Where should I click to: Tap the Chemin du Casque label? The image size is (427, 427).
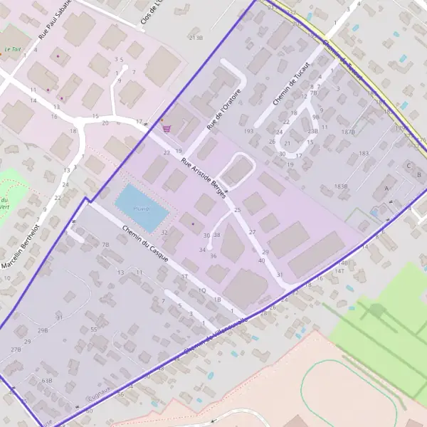point(144,244)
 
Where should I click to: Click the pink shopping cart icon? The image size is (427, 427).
point(167,129)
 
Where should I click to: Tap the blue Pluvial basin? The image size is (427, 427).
point(142,209)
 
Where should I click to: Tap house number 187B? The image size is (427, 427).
point(348,132)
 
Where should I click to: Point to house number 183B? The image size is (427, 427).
point(342,186)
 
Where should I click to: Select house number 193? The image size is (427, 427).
point(248,132)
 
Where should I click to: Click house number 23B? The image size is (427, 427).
point(312,132)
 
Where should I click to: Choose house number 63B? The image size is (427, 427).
point(47,381)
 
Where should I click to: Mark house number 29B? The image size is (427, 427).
point(43,331)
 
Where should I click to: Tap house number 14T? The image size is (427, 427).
point(339,271)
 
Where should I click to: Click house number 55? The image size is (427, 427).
point(93,330)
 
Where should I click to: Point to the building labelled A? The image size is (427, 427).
point(386,188)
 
